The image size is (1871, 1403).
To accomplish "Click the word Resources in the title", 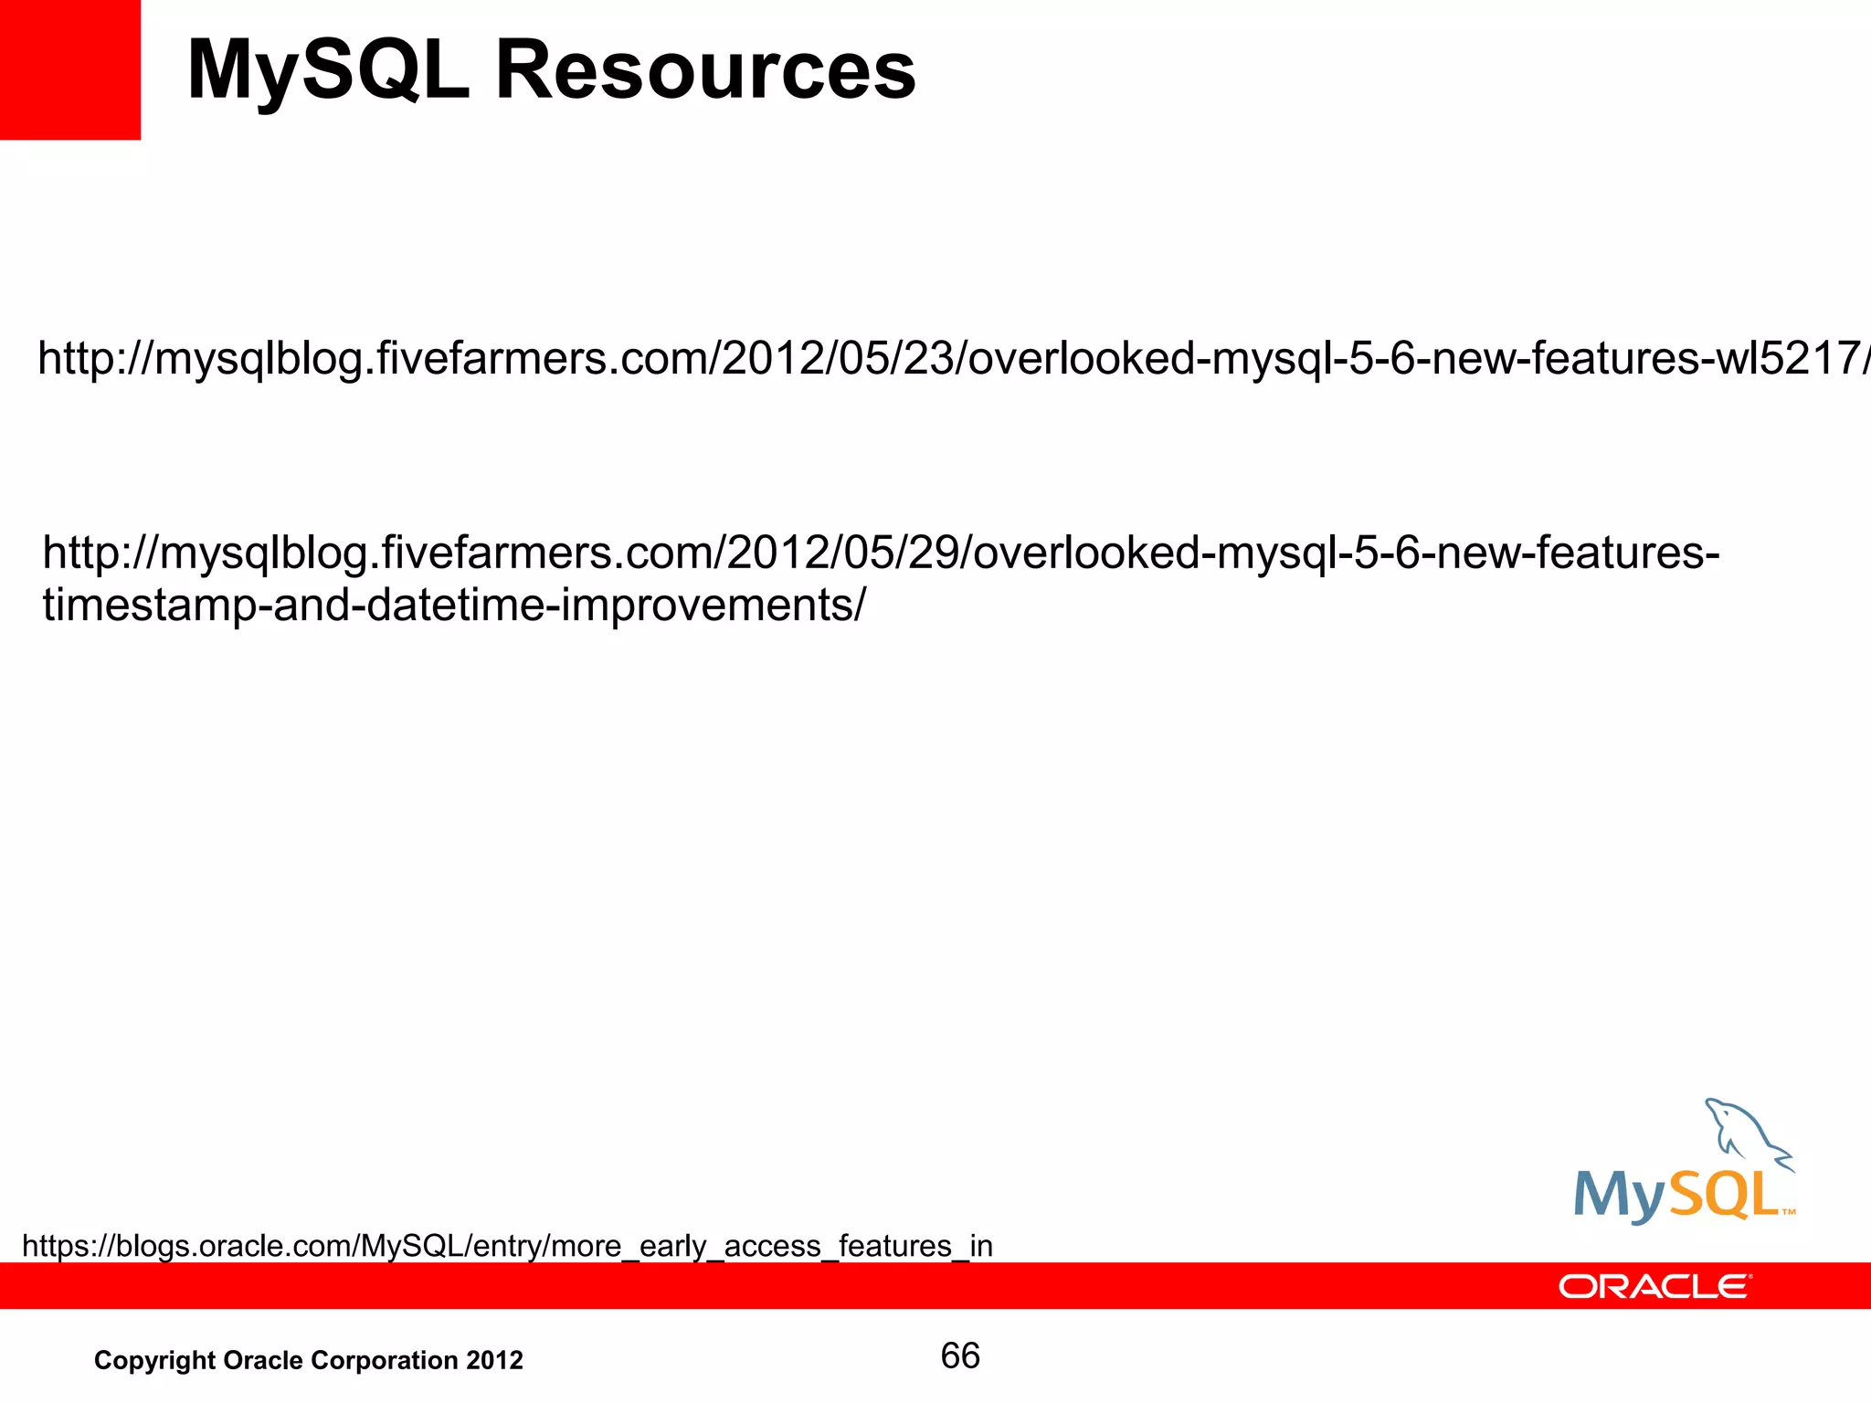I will pos(704,71).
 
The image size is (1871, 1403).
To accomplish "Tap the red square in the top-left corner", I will pos(69,69).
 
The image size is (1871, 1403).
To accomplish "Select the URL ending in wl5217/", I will pos(950,358).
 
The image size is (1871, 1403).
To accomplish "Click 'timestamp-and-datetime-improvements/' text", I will pos(453,605).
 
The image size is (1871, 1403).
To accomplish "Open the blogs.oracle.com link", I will pos(507,1246).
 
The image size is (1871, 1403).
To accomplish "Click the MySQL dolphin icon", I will pos(1744,1134).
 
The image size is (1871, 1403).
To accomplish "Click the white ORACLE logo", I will pos(1654,1286).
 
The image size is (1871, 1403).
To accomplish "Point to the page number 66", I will pos(960,1356).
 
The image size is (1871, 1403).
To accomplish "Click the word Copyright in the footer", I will pos(154,1361).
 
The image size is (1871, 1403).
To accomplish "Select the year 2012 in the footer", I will pos(494,1361).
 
